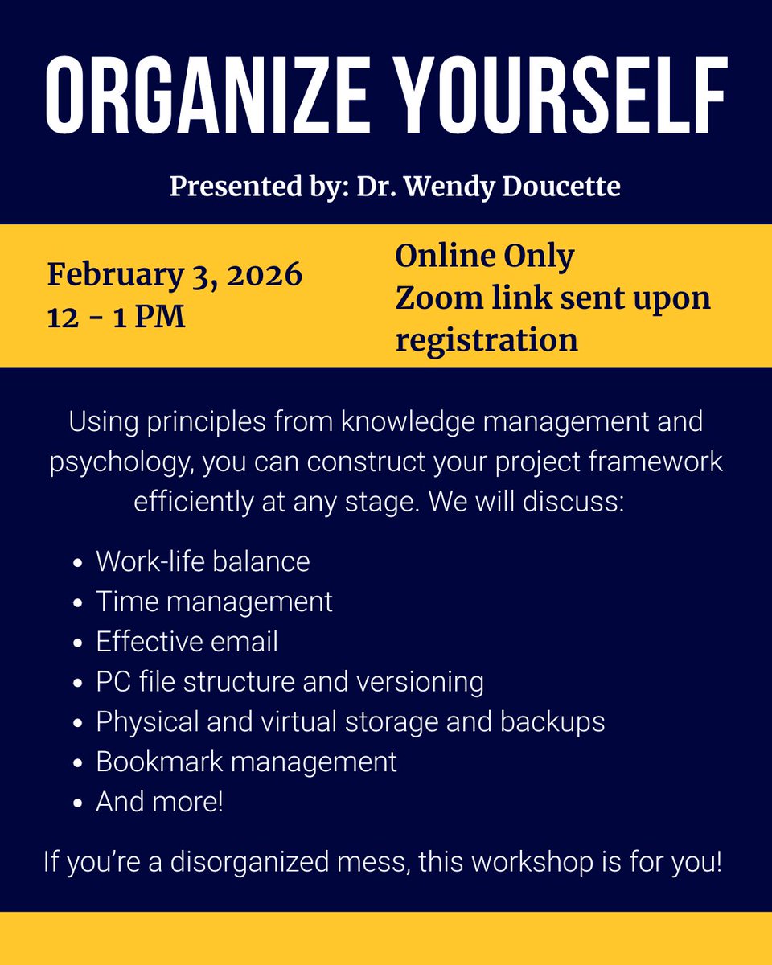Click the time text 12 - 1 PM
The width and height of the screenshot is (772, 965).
coord(116,317)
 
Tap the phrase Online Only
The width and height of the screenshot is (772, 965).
coord(485,257)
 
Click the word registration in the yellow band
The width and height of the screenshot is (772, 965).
coord(486,340)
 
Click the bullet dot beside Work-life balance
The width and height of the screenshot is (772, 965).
coord(77,563)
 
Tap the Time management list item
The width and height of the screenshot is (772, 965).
coord(214,602)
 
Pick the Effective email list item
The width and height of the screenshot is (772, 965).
coord(187,642)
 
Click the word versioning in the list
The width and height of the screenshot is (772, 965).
coord(426,682)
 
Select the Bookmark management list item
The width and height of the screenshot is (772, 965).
coord(246,762)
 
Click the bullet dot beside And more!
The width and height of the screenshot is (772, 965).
coord(77,803)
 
